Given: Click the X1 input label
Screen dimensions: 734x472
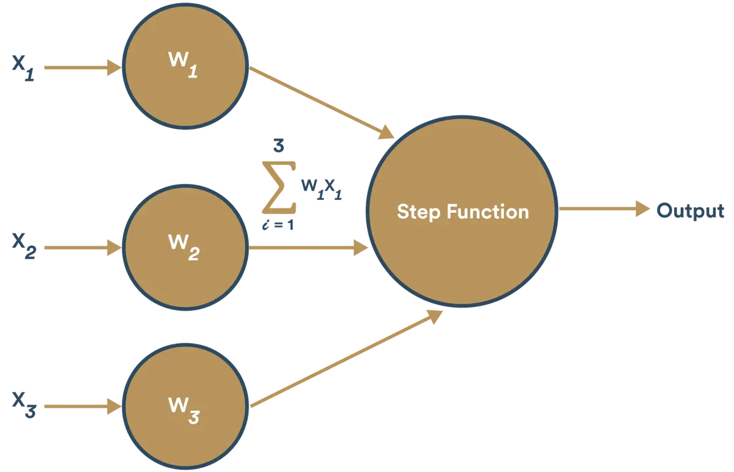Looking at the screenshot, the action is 23,68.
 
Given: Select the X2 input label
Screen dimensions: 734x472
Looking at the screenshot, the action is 24,246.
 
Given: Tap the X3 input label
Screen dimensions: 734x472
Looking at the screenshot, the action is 24,405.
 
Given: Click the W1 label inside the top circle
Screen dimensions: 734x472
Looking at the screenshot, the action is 183,65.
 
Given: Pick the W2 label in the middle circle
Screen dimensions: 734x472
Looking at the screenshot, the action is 184,247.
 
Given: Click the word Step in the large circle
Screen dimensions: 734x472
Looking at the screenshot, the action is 418,212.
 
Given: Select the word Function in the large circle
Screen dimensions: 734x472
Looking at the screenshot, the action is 488,212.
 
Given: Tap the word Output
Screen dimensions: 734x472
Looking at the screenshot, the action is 691,210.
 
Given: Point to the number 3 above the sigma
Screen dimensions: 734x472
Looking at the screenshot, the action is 278,145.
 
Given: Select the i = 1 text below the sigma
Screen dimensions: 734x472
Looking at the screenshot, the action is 278,225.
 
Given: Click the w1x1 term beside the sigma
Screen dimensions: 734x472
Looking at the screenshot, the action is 322,190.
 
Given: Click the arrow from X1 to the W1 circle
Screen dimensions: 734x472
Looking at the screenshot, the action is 83,68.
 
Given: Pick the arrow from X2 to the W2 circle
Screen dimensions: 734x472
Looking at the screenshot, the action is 83,248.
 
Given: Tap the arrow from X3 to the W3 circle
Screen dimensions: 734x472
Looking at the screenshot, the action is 83,407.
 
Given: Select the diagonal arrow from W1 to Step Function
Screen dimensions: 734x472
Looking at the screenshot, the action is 322,103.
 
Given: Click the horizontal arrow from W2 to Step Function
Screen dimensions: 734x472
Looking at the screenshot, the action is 308,248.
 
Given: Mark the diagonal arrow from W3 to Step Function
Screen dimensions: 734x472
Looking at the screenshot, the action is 346,359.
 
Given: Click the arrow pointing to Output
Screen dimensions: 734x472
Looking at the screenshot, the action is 604,208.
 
